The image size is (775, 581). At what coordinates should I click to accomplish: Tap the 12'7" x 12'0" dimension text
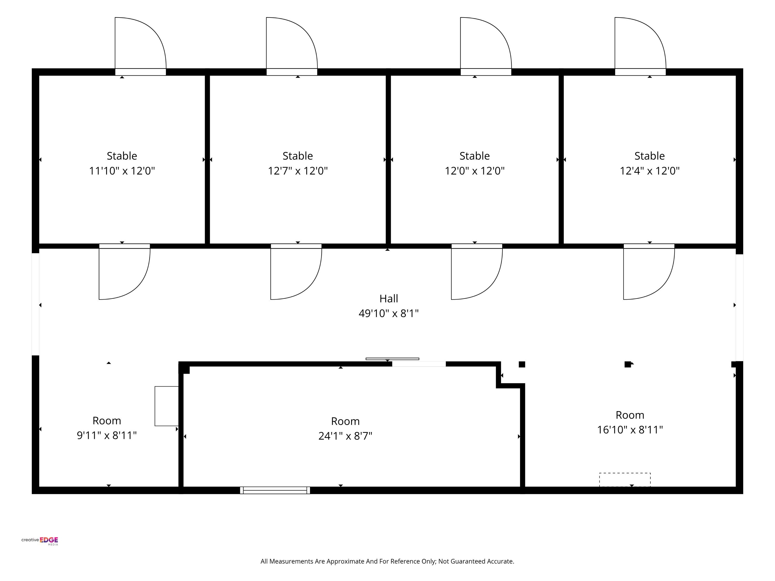point(298,171)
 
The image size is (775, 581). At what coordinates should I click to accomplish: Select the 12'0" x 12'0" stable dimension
point(475,171)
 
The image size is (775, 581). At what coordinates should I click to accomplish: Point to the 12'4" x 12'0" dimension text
point(649,171)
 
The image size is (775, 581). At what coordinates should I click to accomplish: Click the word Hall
point(389,299)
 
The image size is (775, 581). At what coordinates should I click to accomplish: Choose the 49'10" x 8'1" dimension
point(389,313)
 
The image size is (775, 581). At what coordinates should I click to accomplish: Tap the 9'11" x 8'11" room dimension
point(107,435)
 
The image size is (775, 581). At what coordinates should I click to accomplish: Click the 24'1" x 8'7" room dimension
point(345,436)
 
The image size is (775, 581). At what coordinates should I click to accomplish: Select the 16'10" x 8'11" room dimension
point(630,430)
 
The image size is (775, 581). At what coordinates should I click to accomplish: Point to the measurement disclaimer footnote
point(388,561)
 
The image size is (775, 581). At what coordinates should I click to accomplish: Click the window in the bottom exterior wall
point(275,490)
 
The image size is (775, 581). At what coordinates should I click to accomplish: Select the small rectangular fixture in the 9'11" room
point(167,406)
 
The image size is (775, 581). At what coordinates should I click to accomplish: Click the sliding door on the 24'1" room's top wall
point(392,359)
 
